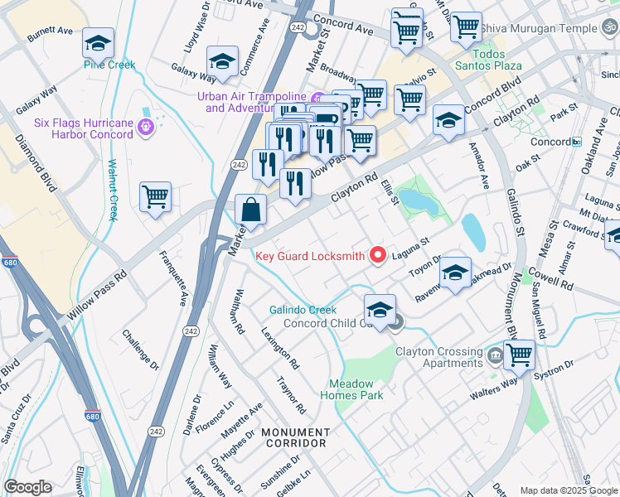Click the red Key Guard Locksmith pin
click(x=378, y=256)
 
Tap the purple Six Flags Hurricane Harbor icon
click(x=147, y=127)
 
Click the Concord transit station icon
click(x=577, y=142)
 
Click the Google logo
click(x=27, y=487)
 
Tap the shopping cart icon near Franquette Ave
click(x=155, y=197)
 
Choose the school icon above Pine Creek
click(x=99, y=42)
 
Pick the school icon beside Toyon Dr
click(x=455, y=273)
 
